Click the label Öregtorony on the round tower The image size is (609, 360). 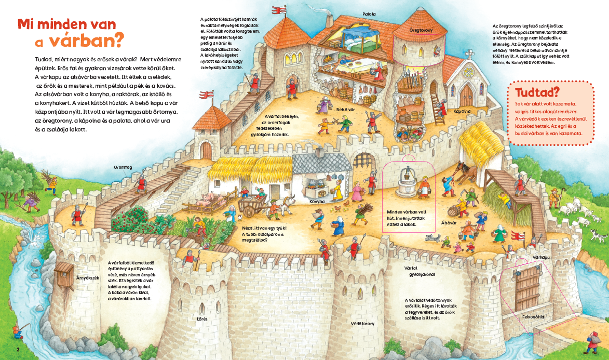click(421, 30)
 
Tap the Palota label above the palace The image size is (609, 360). click(369, 14)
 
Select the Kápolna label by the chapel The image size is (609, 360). click(462, 111)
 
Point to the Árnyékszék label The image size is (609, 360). click(88, 278)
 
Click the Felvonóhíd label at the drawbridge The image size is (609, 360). click(533, 317)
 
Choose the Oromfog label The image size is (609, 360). click(123, 168)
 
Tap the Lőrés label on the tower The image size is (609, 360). click(202, 319)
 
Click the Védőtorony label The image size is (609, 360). click(362, 324)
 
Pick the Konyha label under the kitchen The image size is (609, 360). click(317, 202)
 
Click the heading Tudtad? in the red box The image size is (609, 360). click(537, 92)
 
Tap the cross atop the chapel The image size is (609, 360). click(469, 54)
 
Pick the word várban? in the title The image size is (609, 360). click(86, 40)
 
